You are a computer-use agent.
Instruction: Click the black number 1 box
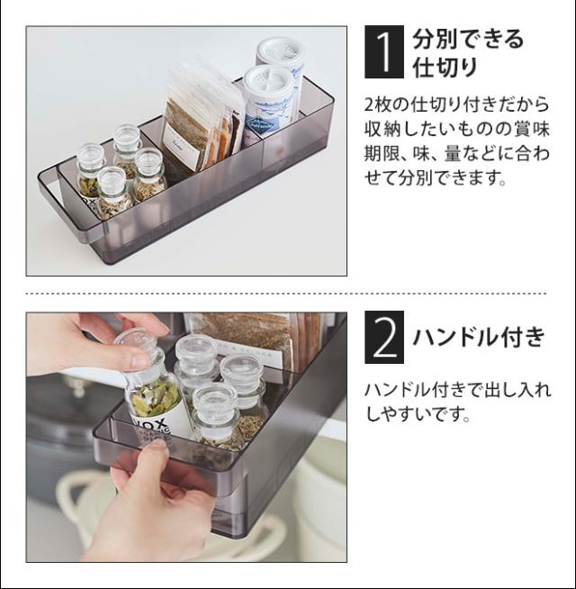384,52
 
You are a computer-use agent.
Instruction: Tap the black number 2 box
384,337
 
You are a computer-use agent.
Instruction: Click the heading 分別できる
467,39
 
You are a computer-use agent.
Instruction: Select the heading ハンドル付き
479,337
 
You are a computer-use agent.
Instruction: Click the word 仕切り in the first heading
445,67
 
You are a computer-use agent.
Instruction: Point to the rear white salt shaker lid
280,49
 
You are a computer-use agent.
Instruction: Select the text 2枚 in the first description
378,104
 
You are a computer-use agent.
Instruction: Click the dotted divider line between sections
286,294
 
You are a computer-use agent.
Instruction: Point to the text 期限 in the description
383,153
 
